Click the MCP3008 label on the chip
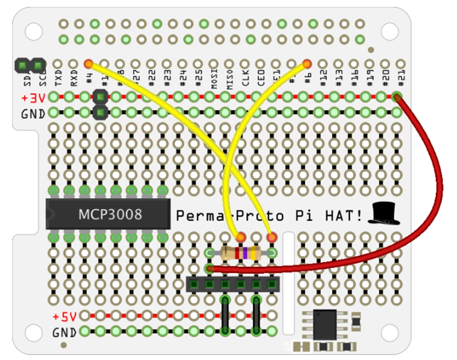coord(110,215)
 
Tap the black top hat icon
coord(383,213)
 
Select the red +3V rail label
coord(33,97)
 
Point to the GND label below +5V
coord(64,333)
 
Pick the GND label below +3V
coord(33,114)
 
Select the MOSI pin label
coord(214,78)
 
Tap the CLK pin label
coord(245,79)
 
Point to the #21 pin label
coord(401,78)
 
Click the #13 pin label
coord(339,78)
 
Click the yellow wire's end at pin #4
coord(88,63)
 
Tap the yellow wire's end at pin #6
coord(307,63)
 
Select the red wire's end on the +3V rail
coord(396,96)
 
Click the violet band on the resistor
coord(245,253)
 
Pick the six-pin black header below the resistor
coord(233,284)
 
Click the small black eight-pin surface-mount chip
coord(324,325)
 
